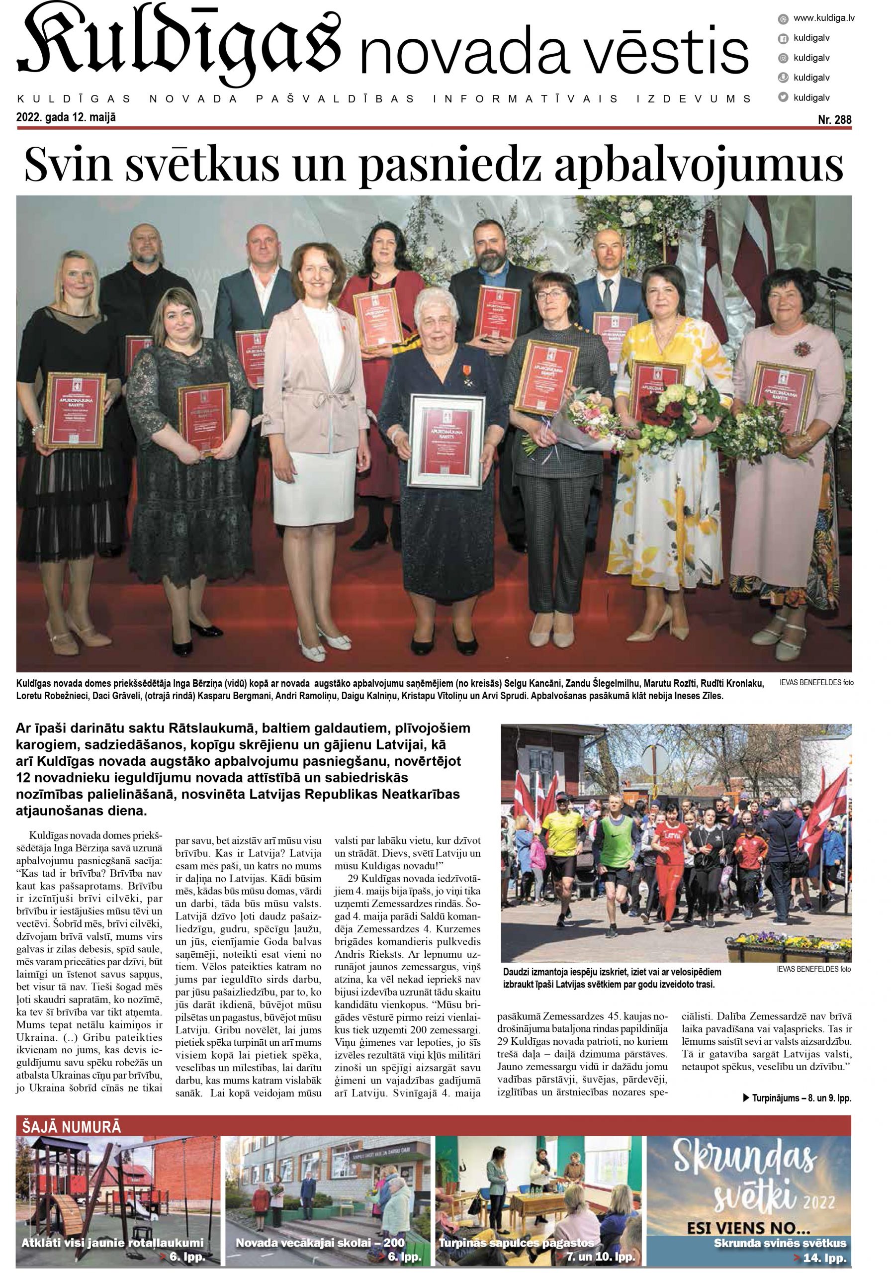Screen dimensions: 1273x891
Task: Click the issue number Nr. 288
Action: click(834, 120)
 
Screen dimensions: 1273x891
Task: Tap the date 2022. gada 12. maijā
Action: click(66, 117)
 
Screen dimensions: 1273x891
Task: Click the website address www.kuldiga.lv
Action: click(823, 18)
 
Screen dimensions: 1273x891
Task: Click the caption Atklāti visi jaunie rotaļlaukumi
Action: click(112, 1243)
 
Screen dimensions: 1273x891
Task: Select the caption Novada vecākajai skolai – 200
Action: click(320, 1243)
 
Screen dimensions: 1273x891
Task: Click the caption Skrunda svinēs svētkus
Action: click(780, 1243)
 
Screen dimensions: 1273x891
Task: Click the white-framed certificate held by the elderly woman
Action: click(446, 442)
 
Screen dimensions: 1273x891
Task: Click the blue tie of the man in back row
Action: click(608, 294)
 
